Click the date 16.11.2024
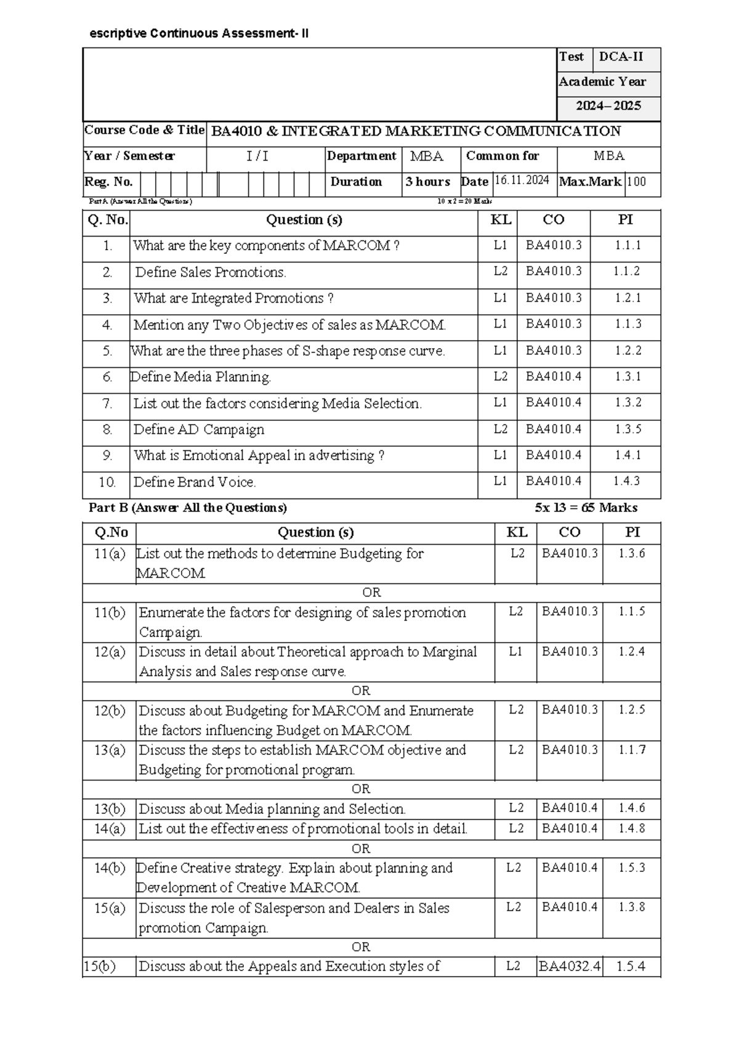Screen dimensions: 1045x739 tap(522, 181)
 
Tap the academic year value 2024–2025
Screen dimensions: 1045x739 tap(608, 106)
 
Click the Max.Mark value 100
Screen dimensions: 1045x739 tap(636, 182)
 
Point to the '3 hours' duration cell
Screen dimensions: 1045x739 tap(427, 182)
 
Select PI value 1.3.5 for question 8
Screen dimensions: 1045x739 tap(628, 429)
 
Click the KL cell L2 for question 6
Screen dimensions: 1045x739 tap(500, 376)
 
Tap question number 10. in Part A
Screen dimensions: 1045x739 tap(107, 482)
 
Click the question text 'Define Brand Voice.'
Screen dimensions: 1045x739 tap(195, 482)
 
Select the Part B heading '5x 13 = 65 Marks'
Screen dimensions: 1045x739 tap(586, 508)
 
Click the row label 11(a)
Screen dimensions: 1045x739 tap(110, 554)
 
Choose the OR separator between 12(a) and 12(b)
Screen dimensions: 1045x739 tap(361, 691)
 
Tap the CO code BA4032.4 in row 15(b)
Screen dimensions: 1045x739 tap(569, 966)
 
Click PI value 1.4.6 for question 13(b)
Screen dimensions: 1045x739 tap(632, 808)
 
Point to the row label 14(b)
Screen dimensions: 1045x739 tap(110, 868)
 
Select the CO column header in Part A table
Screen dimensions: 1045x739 tap(553, 220)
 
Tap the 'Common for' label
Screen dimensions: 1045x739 tap(502, 156)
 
